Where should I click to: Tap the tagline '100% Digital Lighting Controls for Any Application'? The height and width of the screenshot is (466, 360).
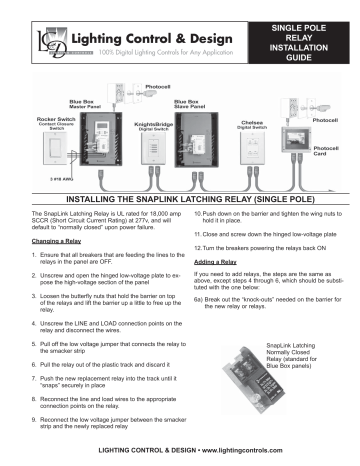[x=159, y=51]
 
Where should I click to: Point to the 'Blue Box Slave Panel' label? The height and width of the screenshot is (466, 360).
[x=189, y=103]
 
